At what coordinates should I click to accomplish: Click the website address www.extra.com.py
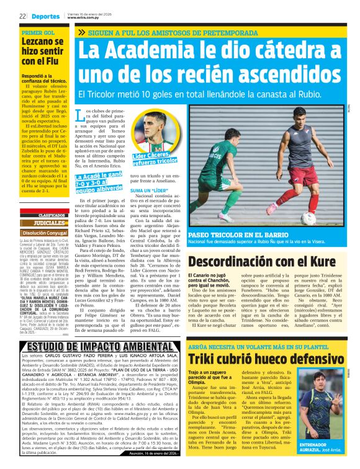pos(85,18)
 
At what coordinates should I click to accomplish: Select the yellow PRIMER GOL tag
pos(38,32)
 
